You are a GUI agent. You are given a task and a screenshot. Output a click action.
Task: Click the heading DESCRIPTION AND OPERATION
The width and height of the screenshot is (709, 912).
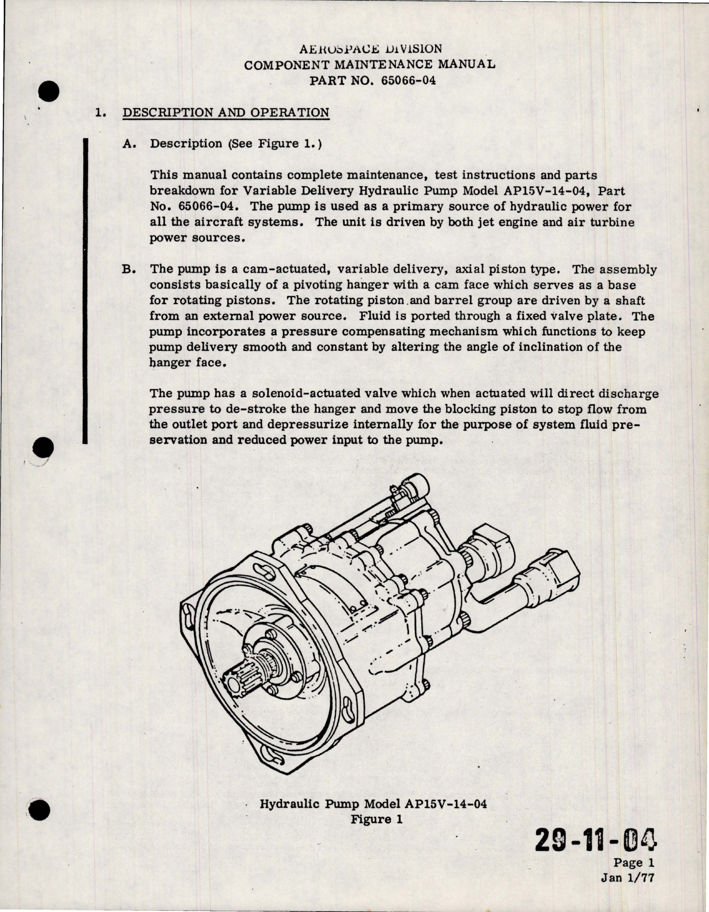pyautogui.click(x=225, y=112)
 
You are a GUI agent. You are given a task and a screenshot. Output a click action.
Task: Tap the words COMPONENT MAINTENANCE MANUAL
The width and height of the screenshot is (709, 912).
pyautogui.click(x=370, y=64)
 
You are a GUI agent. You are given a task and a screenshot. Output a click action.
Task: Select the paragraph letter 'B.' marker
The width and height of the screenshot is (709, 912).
pyautogui.click(x=128, y=270)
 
